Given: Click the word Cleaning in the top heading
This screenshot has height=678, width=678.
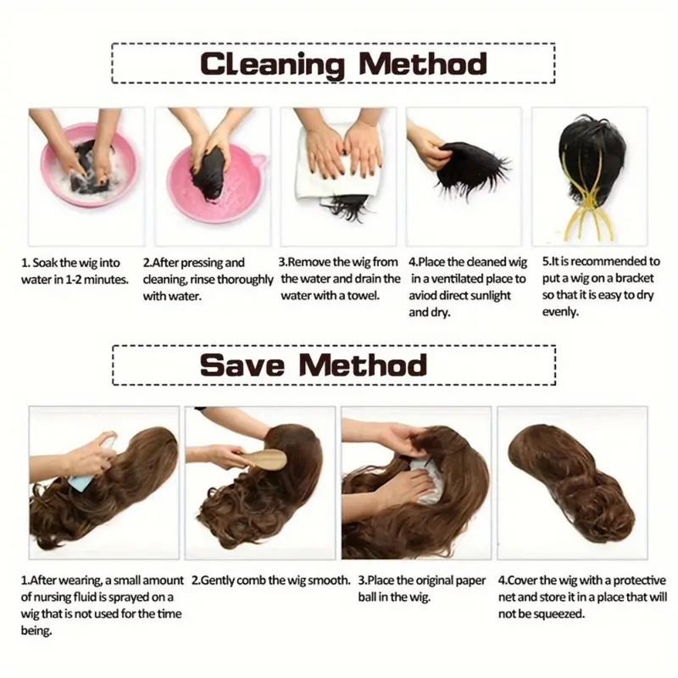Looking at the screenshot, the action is pos(272,65).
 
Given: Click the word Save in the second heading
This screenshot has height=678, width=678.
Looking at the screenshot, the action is pos(242,365).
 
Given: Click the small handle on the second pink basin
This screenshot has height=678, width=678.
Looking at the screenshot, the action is pos(259,161).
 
